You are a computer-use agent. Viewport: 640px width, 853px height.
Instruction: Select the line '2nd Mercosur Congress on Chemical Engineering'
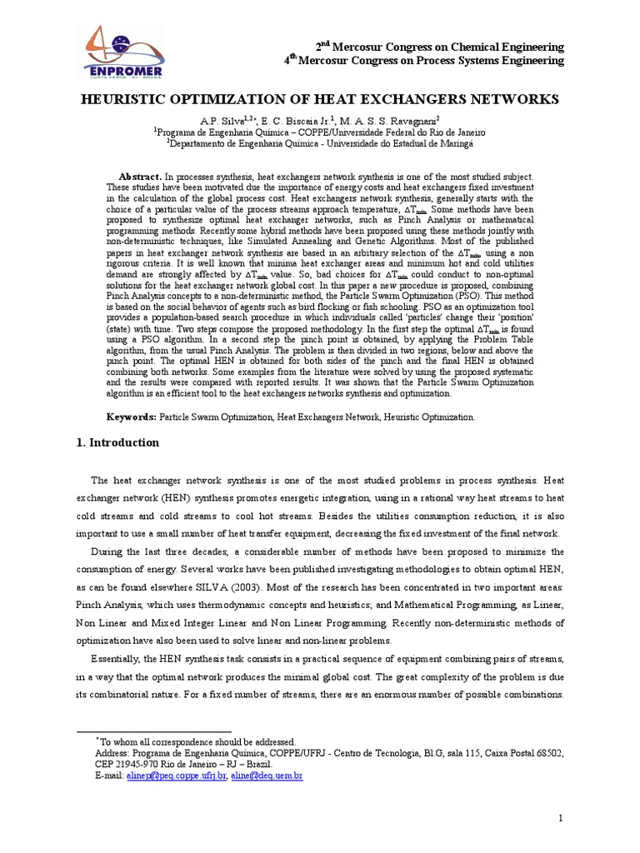pos(438,47)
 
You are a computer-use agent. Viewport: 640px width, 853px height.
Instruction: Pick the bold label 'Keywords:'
pos(131,417)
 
